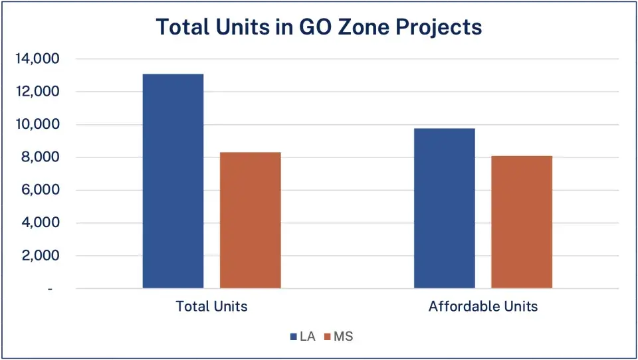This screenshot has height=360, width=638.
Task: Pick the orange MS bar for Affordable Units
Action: (x=522, y=222)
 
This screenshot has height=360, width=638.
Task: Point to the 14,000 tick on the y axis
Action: (x=37, y=59)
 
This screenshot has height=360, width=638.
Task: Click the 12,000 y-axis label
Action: (x=37, y=92)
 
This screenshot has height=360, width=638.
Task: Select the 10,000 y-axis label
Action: (x=37, y=125)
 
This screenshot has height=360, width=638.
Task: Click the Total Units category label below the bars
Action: (x=211, y=307)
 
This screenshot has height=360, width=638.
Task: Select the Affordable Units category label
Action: (x=483, y=307)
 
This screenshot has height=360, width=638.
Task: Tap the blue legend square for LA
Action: (x=294, y=337)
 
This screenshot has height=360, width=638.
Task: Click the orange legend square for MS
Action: (x=328, y=337)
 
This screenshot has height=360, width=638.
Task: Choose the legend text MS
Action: (x=344, y=337)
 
